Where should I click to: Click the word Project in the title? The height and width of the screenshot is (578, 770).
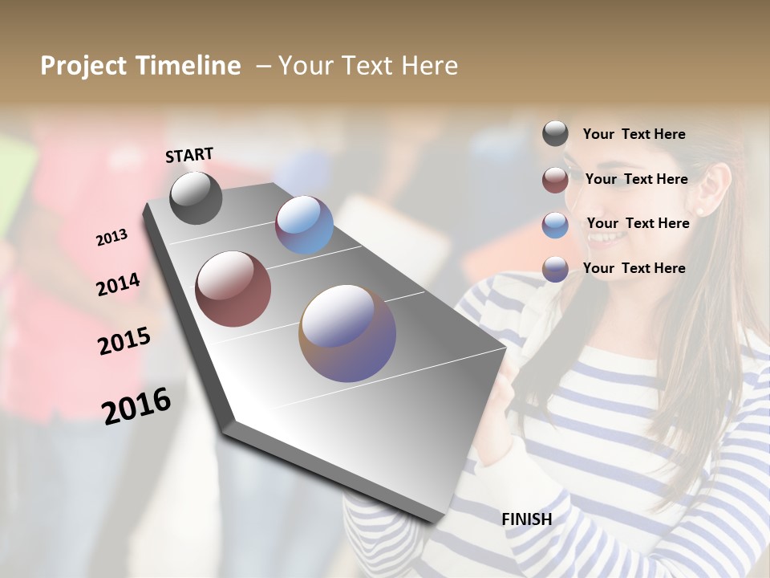coord(83,66)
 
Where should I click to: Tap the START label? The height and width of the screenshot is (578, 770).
coord(189,155)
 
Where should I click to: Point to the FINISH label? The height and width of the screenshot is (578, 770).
coord(526,519)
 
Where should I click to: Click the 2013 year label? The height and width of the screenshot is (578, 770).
coord(111,238)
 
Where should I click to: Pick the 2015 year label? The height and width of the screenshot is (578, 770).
coord(124,340)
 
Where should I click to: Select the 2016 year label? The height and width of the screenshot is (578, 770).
coord(136,406)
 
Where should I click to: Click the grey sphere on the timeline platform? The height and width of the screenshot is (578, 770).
coord(196,197)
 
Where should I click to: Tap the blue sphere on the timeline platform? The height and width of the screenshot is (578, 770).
coord(304,225)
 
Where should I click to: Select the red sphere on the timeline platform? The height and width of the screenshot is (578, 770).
coord(233,289)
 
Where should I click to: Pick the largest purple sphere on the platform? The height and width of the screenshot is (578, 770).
coord(347,333)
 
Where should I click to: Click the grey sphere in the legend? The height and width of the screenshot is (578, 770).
coord(555,133)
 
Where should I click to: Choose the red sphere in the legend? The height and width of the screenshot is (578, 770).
coord(555,180)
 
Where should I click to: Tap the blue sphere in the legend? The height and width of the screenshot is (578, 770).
coord(555,225)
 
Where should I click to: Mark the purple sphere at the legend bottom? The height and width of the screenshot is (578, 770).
coord(555,269)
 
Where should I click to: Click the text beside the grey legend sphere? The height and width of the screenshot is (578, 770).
coord(634,134)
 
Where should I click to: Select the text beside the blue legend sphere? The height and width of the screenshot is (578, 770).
coord(638,223)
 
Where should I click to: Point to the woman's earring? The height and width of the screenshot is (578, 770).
coord(699,211)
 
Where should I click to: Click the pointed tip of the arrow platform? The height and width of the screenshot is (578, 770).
coord(437,520)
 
